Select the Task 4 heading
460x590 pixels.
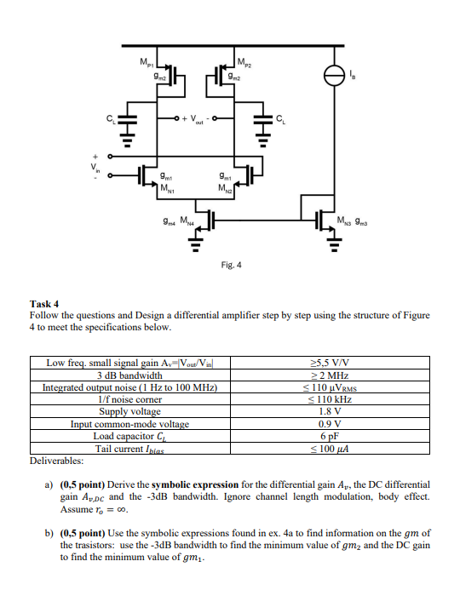point(45,303)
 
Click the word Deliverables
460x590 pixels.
point(57,460)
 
